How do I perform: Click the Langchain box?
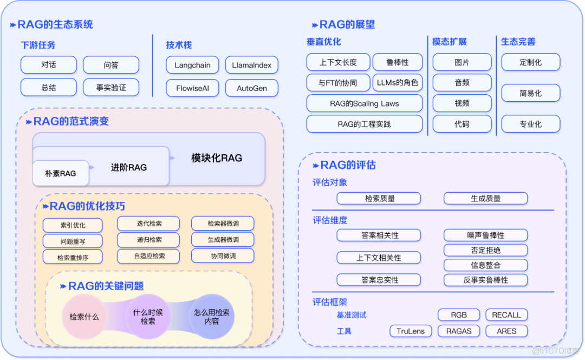tap(192, 65)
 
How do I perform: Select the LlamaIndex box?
tap(251, 65)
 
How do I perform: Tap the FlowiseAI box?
tap(192, 88)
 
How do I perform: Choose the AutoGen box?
tap(251, 88)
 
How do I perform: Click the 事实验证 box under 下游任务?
tap(111, 87)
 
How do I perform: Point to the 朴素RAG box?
tap(60, 173)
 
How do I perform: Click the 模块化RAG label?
tap(217, 158)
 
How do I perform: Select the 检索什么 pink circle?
tap(84, 317)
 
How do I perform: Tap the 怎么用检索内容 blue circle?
tap(212, 317)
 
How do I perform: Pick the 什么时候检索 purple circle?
tap(148, 317)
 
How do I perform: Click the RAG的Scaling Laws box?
tap(364, 103)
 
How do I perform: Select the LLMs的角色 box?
tap(397, 83)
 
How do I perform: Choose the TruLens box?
tap(411, 331)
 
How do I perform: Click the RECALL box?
tap(506, 315)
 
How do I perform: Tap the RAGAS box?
tap(459, 331)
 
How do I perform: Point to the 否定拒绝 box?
tap(485, 250)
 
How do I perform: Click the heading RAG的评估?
tap(347, 165)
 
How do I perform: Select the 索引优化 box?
tap(73, 225)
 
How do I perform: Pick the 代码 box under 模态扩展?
tap(462, 124)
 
